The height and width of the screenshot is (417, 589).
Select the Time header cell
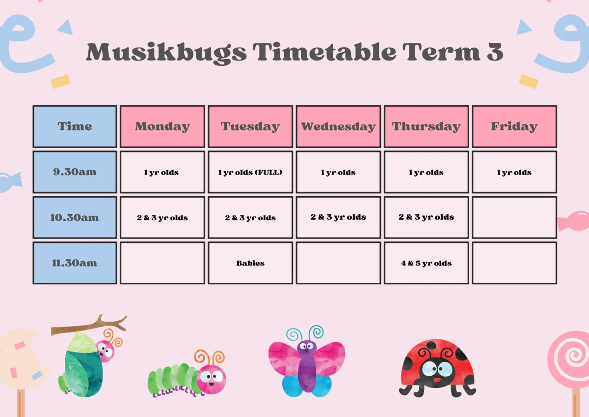click(75, 126)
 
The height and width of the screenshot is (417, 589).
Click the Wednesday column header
click(338, 126)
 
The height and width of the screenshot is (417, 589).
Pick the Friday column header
click(514, 126)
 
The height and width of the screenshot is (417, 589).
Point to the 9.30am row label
click(75, 172)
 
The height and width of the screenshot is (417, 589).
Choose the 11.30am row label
click(75, 263)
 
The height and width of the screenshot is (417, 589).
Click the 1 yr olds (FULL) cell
click(250, 172)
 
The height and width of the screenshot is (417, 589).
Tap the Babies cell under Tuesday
click(250, 263)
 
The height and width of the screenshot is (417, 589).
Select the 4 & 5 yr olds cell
click(427, 263)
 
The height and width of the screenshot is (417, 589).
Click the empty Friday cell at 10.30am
click(514, 217)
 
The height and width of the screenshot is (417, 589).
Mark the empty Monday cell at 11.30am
click(162, 263)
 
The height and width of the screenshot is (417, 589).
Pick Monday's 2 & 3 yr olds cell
click(162, 217)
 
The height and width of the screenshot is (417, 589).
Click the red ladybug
click(437, 369)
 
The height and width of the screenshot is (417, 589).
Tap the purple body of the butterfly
click(306, 366)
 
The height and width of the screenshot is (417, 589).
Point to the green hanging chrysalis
click(83, 366)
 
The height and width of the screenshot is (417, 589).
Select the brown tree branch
click(89, 326)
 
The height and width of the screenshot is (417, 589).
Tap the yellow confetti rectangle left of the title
click(60, 82)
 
